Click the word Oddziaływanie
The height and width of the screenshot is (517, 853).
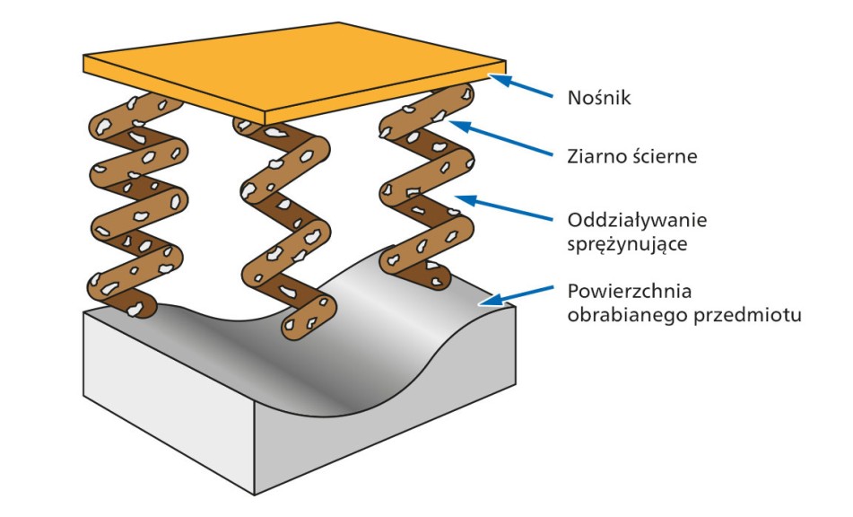pyautogui.click(x=638, y=219)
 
